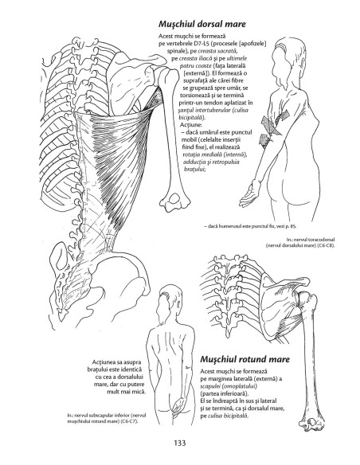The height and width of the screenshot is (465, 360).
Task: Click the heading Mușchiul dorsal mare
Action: pos(202,24)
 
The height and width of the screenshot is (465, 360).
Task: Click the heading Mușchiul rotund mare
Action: pos(245,359)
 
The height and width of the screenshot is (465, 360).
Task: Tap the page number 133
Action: pos(180,443)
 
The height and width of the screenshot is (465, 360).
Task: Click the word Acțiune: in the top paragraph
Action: pos(191,125)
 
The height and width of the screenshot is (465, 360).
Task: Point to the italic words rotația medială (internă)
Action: pos(215,154)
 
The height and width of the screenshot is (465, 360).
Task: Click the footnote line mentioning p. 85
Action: pos(250,226)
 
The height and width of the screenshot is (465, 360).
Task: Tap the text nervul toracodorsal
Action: pos(315,240)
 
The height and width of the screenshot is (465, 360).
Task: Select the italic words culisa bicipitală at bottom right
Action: pos(228,416)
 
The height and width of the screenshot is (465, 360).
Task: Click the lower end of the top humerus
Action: pos(175,202)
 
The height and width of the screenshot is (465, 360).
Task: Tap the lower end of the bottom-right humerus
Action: pos(312,424)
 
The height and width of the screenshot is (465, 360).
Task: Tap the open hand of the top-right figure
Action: pos(249,194)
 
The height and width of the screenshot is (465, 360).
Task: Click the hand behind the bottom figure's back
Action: pos(178,406)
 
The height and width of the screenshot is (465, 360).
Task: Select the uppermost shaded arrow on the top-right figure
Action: pos(282,117)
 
